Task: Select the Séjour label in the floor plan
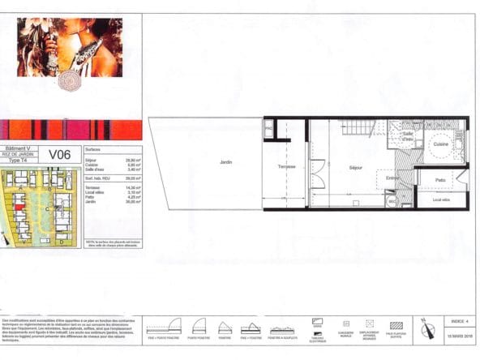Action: pyautogui.click(x=355, y=167)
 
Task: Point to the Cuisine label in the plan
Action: pyautogui.click(x=440, y=144)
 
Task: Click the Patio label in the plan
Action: pyautogui.click(x=440, y=180)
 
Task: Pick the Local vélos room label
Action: pyautogui.click(x=441, y=199)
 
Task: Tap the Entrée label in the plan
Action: pyautogui.click(x=393, y=178)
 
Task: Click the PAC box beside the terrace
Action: pyautogui.click(x=268, y=128)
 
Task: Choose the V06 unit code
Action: pyautogui.click(x=60, y=154)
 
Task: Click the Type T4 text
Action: pyautogui.click(x=18, y=161)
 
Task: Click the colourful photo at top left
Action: pyautogui.click(x=70, y=47)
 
